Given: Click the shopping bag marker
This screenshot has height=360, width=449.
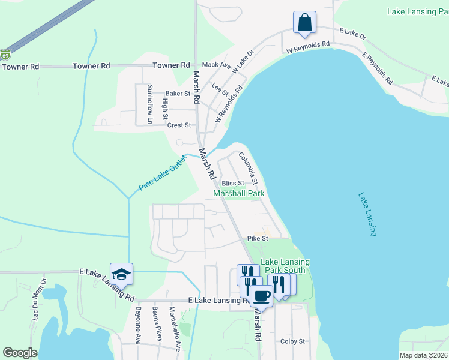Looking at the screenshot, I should coord(305,23).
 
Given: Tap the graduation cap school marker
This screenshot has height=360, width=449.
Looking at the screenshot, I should coord(121,274).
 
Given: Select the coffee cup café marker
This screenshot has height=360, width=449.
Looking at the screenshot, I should coord(261,295).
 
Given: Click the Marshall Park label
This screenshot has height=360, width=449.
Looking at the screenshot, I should coord(239,194).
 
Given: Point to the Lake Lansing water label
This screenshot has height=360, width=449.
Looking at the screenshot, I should coord(366,214).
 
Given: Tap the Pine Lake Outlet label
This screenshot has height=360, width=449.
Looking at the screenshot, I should coord(159,173).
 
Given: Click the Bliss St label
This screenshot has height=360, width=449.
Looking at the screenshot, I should coord(233,183).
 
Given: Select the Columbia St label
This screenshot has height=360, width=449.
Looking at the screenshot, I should coord(247,169).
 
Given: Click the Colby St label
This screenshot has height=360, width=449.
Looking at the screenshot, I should coord(293,341).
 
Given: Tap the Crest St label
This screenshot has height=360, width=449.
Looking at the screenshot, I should coord(179,125).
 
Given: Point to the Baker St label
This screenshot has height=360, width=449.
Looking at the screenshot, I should coord(178,94).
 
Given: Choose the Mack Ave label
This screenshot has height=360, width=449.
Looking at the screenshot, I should coord(216,65).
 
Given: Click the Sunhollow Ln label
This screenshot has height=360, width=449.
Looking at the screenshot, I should coord(150,104).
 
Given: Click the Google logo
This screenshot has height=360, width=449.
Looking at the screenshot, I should coord(20,353).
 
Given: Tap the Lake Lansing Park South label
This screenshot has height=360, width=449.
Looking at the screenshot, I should coord(285,266).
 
